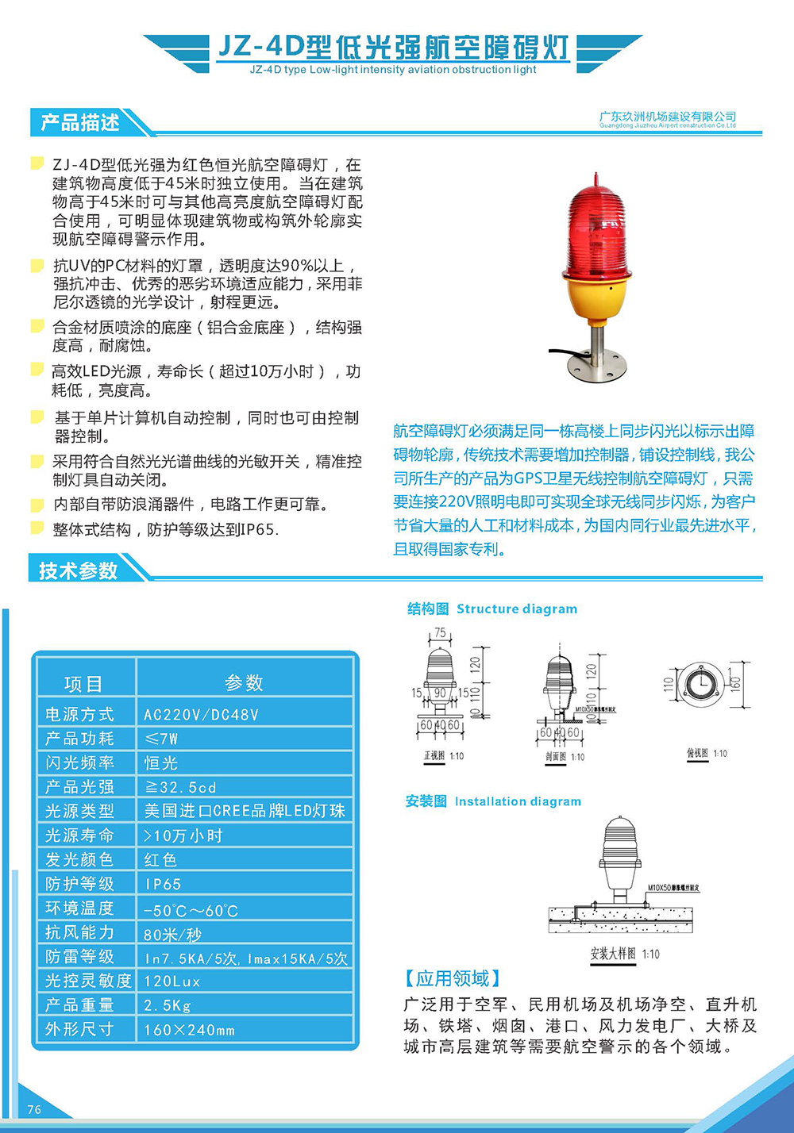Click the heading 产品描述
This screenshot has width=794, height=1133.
[79, 123]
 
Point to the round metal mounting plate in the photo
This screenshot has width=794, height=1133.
[596, 367]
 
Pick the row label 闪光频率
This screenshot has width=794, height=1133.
[79, 762]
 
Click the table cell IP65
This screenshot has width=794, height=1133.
[163, 884]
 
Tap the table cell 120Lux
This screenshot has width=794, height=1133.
[172, 981]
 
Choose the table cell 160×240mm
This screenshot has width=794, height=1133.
[189, 1030]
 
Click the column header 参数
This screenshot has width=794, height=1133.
[244, 682]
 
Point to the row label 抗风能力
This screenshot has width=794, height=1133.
[79, 932]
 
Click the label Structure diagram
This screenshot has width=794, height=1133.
[516, 609]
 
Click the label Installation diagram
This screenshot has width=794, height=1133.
[517, 801]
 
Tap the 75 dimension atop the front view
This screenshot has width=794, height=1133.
[439, 634]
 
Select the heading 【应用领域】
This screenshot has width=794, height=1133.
[453, 978]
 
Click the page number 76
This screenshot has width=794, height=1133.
[34, 1109]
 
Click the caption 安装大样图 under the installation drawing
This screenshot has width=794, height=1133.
[613, 953]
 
